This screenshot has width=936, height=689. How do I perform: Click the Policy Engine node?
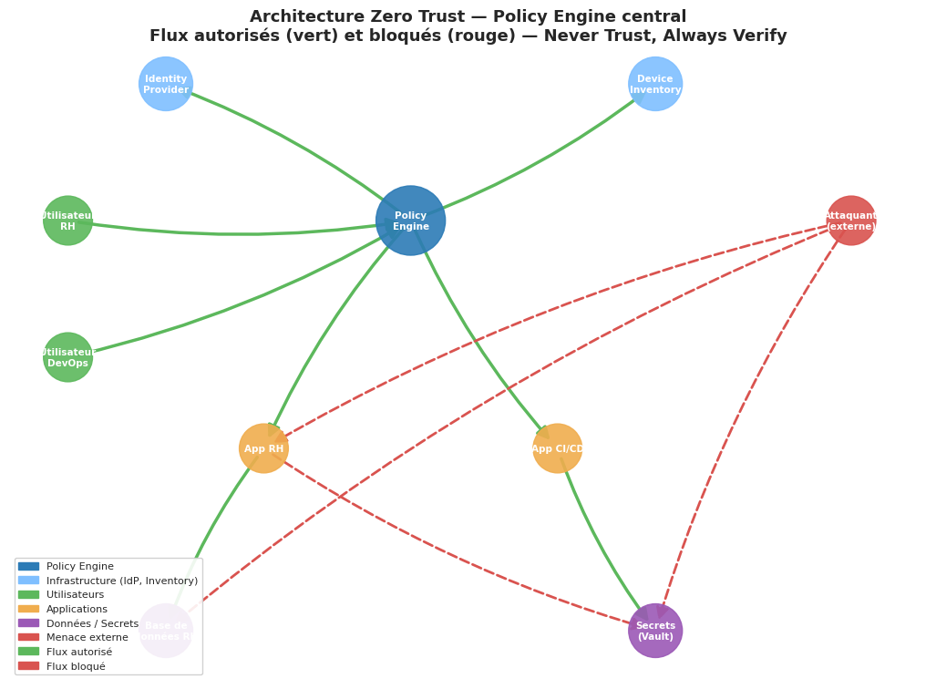click(x=410, y=221)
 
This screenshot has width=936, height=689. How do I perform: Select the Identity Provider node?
click(x=166, y=84)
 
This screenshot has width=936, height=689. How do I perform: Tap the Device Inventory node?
click(x=655, y=84)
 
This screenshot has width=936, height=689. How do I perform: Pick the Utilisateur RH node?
click(x=68, y=221)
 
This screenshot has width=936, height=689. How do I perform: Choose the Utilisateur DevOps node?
click(x=68, y=357)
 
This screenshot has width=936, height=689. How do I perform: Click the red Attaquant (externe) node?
click(x=850, y=221)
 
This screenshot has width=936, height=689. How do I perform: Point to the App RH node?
click(x=263, y=448)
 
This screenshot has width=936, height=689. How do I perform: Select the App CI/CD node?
click(x=557, y=448)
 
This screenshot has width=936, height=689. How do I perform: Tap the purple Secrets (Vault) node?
click(x=655, y=631)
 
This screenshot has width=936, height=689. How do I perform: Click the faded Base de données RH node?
click(x=166, y=631)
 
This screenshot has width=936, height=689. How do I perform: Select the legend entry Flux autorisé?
click(x=79, y=652)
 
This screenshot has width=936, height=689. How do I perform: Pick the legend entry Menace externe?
click(x=87, y=637)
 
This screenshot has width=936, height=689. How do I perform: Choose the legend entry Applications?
click(x=77, y=609)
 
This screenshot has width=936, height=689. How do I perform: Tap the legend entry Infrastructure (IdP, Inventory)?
click(x=122, y=581)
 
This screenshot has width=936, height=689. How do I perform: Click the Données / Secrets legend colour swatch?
click(x=28, y=623)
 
